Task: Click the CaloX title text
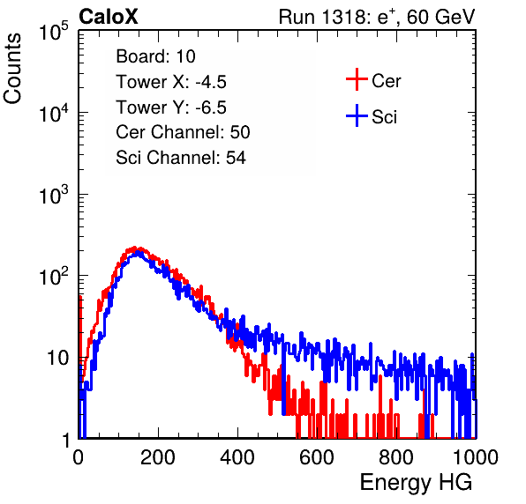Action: [x=108, y=17]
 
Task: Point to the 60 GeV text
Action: [x=440, y=17]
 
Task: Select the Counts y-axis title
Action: [x=12, y=69]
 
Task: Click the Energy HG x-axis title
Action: [x=416, y=483]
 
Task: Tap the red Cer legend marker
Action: [x=357, y=79]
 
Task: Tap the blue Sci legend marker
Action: [x=357, y=116]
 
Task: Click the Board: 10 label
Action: [x=155, y=56]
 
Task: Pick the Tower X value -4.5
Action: [x=211, y=82]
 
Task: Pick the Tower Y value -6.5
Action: [x=211, y=107]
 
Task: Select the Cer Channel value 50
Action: [x=240, y=132]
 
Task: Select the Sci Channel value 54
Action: [x=236, y=158]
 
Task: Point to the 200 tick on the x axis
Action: [x=158, y=457]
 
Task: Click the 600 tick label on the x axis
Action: [x=317, y=457]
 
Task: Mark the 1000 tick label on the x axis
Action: [x=476, y=457]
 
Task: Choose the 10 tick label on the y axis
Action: [x=57, y=358]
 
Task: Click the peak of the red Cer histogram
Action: [x=134, y=248]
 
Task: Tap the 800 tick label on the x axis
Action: [x=396, y=457]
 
